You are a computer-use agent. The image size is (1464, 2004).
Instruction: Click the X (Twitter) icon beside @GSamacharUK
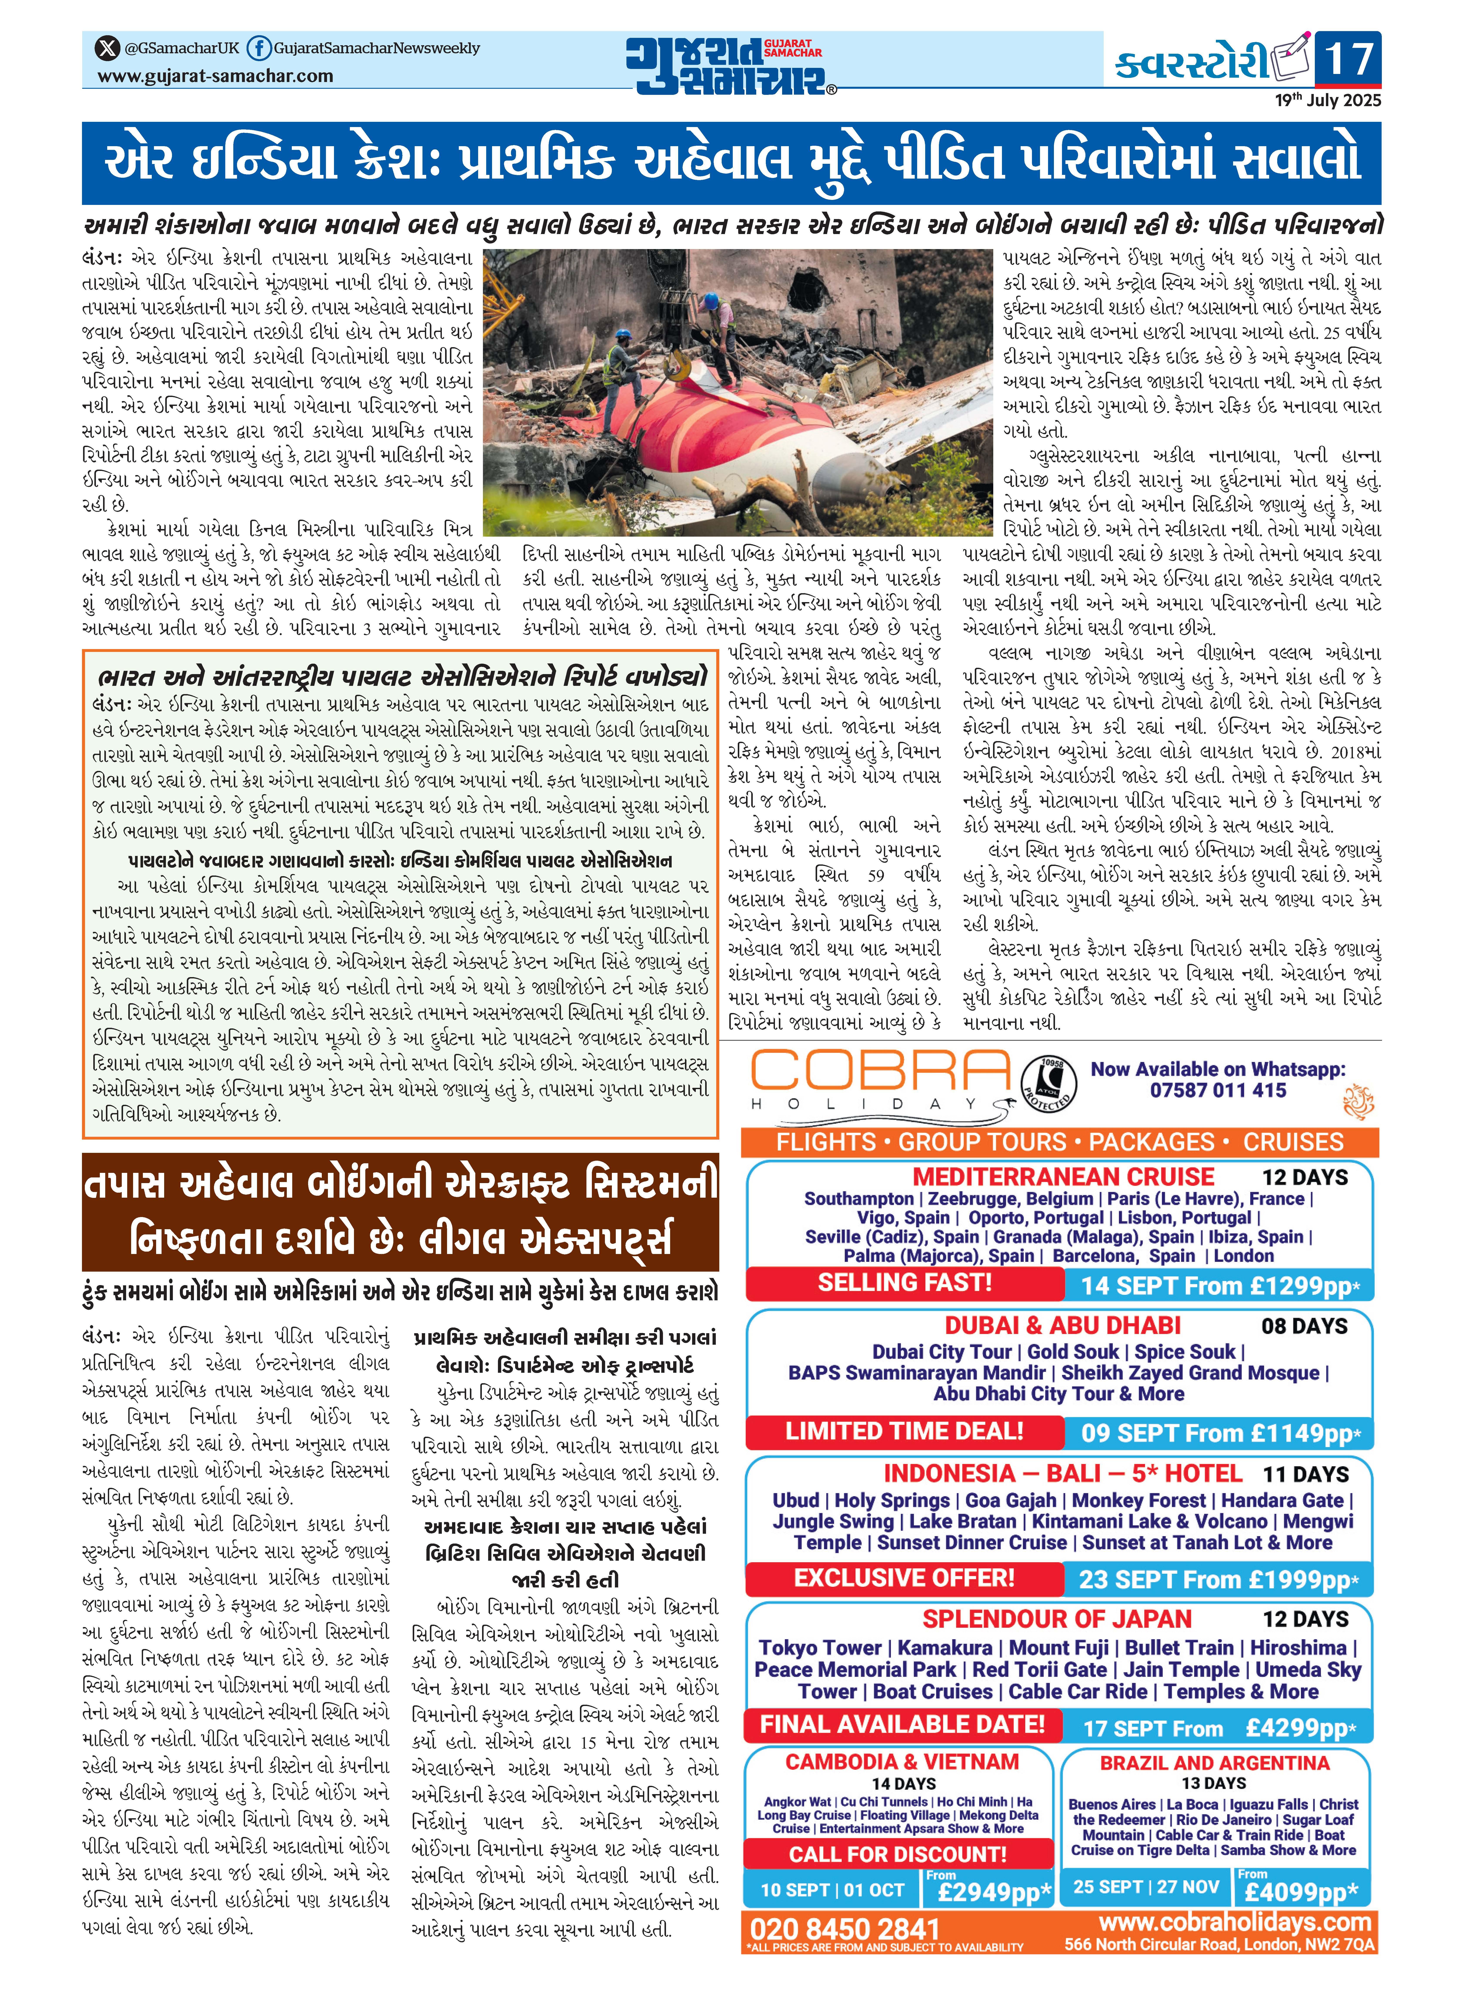pos(107,48)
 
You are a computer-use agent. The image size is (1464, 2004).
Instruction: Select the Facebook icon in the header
pos(259,48)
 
